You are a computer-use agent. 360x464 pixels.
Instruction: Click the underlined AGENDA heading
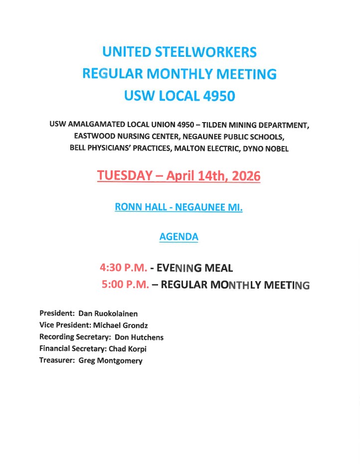pos(179,237)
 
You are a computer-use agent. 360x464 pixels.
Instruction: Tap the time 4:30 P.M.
pos(123,268)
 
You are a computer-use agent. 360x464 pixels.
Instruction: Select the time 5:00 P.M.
pos(125,285)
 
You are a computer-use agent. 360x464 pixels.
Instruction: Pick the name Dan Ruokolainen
pos(108,313)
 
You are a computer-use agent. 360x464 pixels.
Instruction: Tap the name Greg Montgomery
pos(110,361)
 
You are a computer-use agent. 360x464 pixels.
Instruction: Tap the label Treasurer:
pos(57,361)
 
